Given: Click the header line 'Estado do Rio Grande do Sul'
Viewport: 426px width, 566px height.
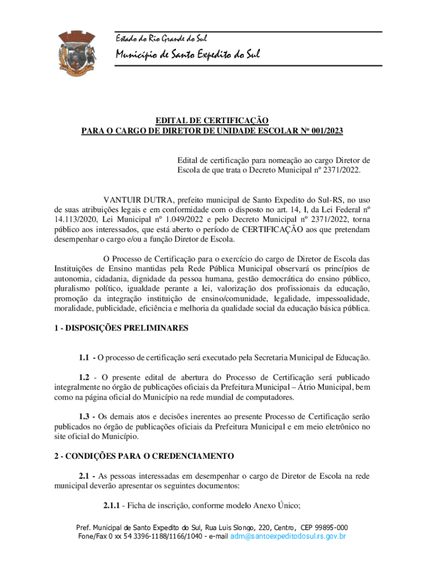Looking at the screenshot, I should [153, 39].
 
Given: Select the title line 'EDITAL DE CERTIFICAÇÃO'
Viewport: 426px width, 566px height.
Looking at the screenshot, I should [212, 120].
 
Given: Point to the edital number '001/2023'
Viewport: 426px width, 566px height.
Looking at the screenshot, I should [326, 131].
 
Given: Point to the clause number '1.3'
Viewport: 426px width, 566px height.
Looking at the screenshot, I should [86, 416].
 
